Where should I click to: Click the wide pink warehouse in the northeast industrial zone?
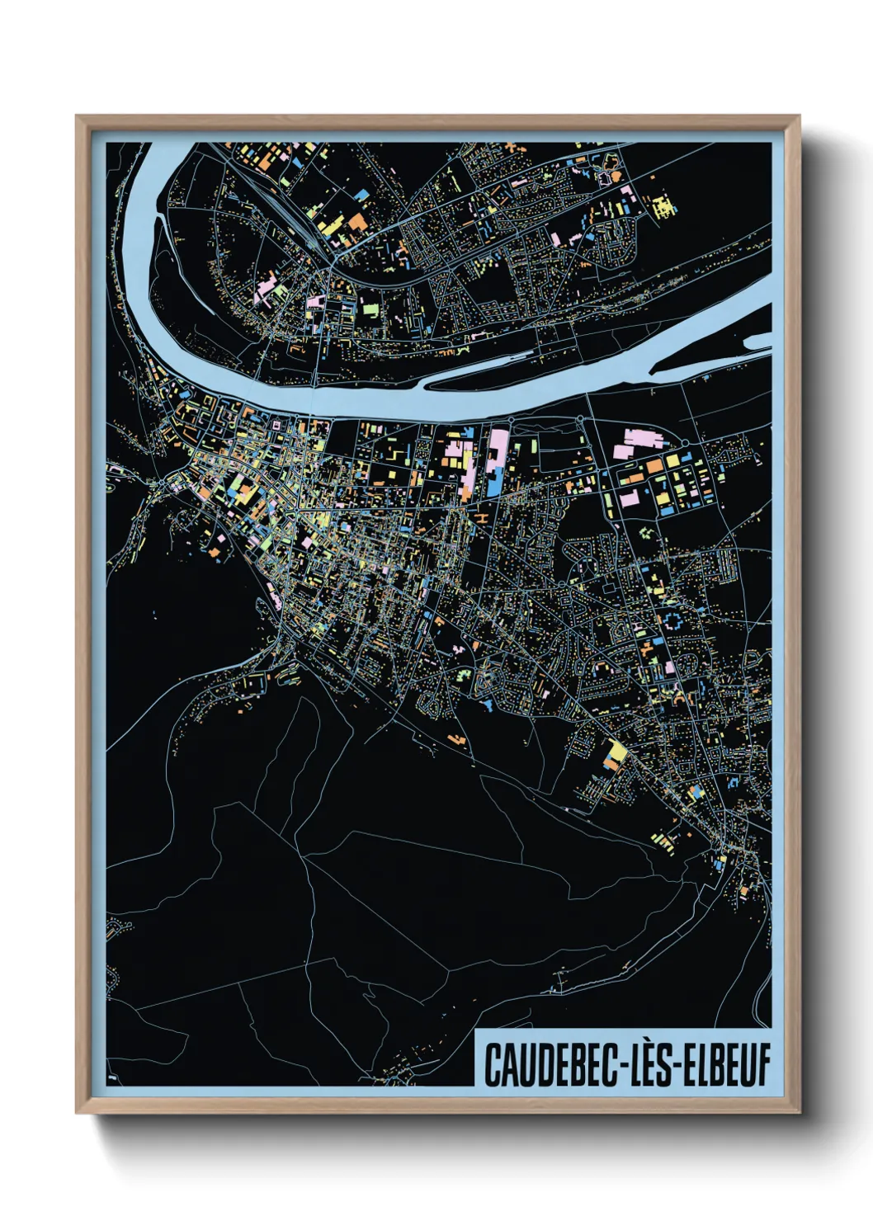tap(639, 440)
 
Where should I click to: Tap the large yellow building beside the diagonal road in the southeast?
tap(616, 752)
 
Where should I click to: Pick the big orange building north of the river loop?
tap(356, 221)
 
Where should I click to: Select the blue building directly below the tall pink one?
tap(493, 488)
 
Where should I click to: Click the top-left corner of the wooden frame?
tap(78, 116)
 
